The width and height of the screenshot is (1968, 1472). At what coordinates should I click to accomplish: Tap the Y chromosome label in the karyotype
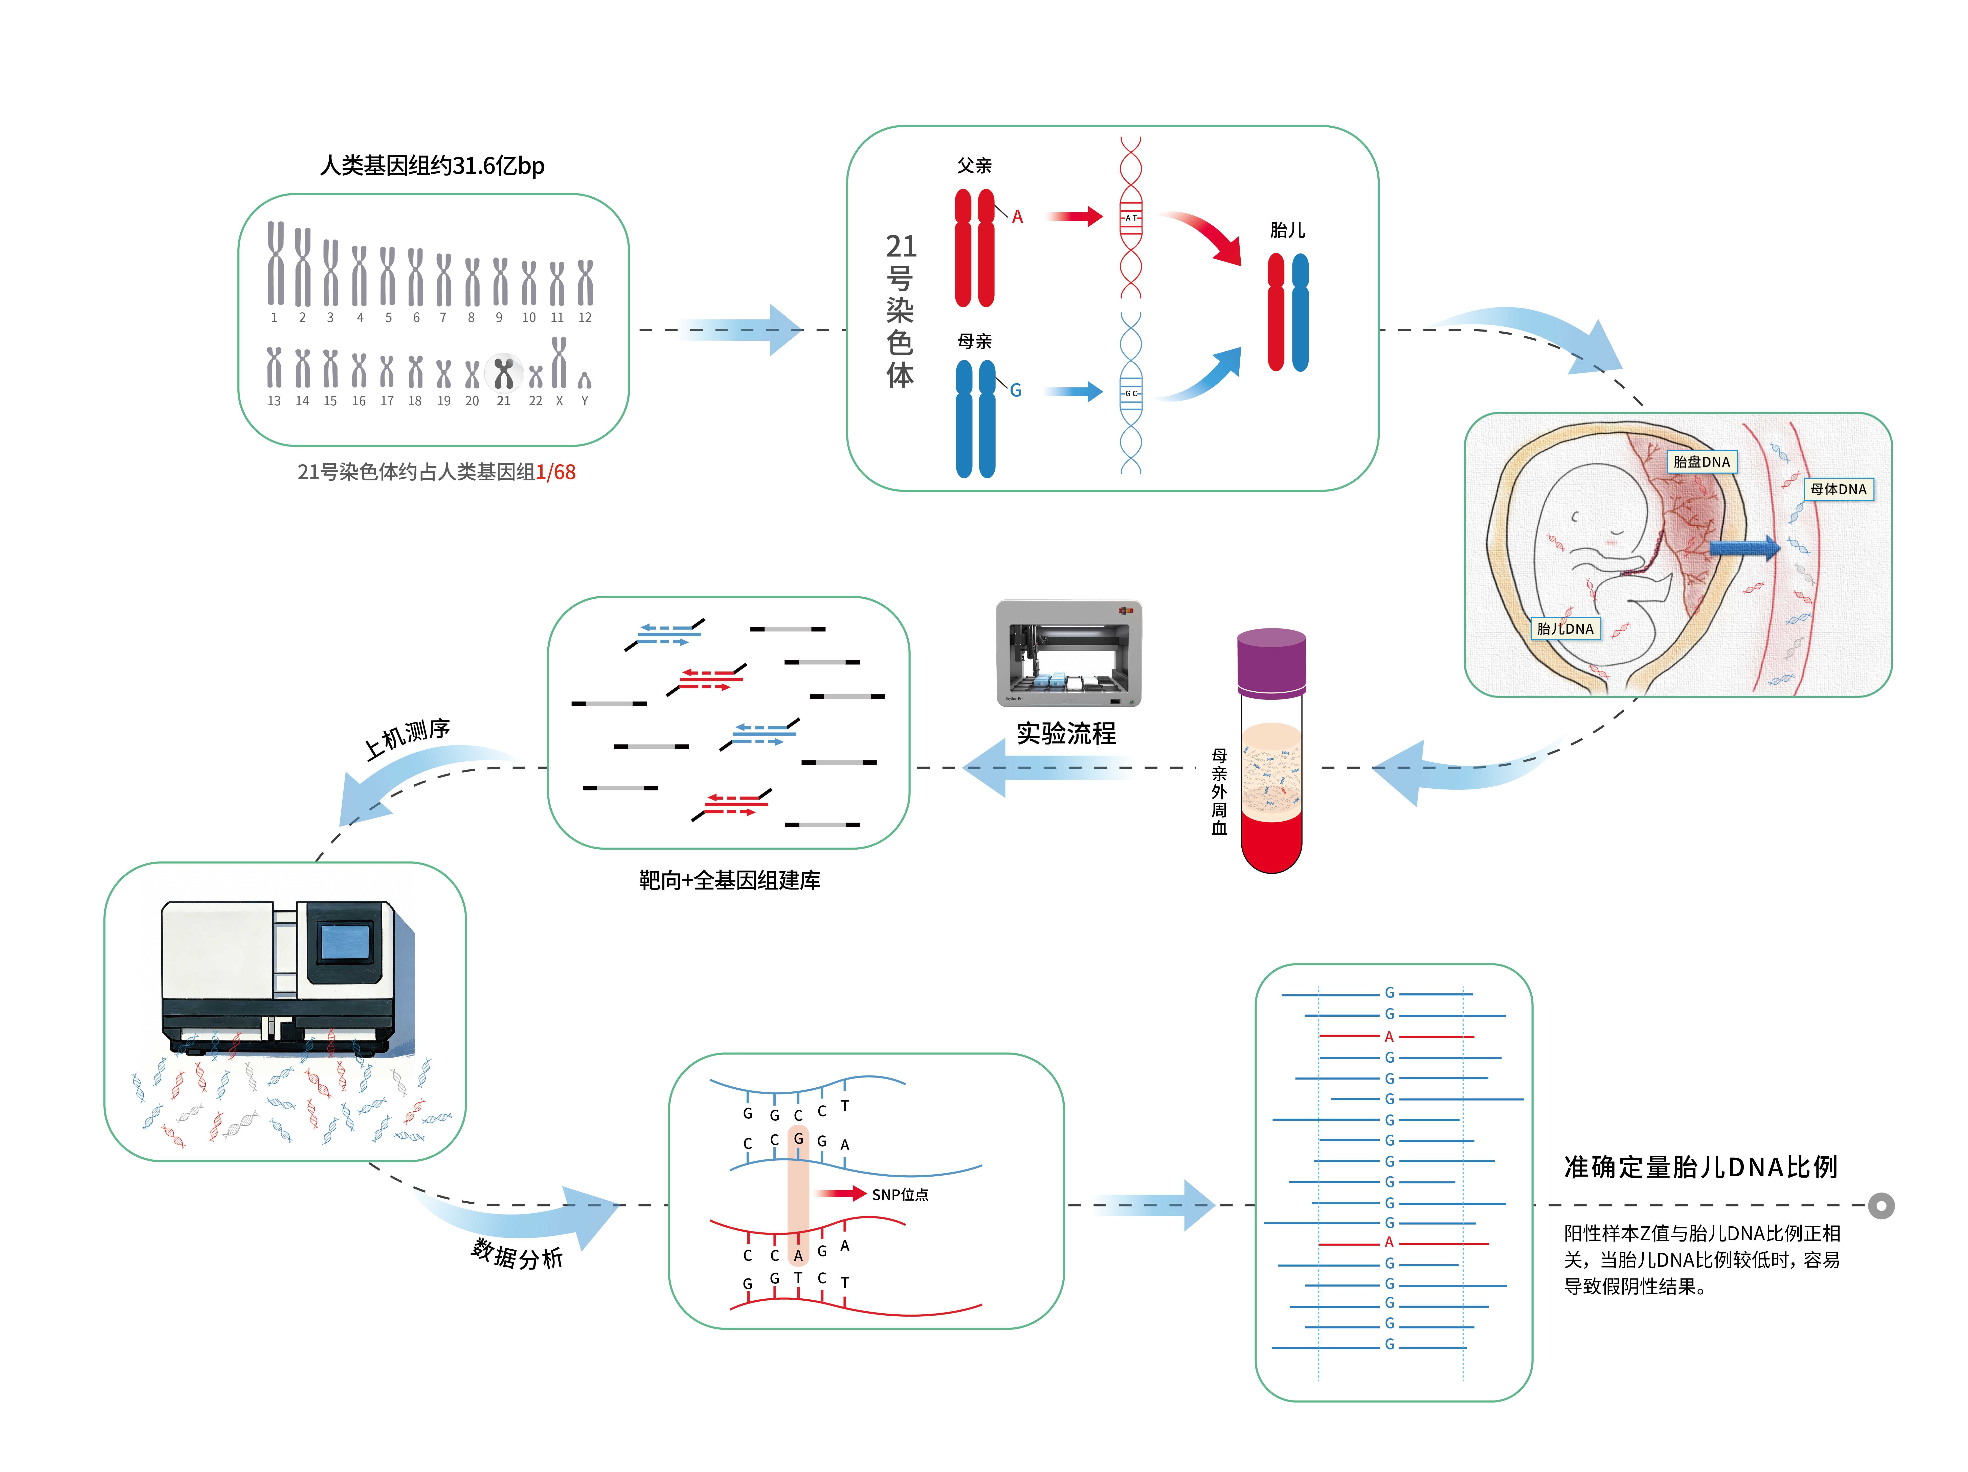click(585, 401)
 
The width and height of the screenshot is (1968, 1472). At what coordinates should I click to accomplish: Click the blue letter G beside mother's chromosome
click(1015, 390)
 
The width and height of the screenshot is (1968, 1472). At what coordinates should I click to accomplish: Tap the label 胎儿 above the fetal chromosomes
click(1287, 230)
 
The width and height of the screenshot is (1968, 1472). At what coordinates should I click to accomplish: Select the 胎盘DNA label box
click(1701, 462)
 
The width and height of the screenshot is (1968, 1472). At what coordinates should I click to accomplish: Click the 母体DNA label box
click(1838, 489)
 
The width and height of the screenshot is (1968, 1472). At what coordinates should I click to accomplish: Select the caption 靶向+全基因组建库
click(730, 880)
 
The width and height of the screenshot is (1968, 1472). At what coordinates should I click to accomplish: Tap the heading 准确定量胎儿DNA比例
click(1700, 1167)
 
